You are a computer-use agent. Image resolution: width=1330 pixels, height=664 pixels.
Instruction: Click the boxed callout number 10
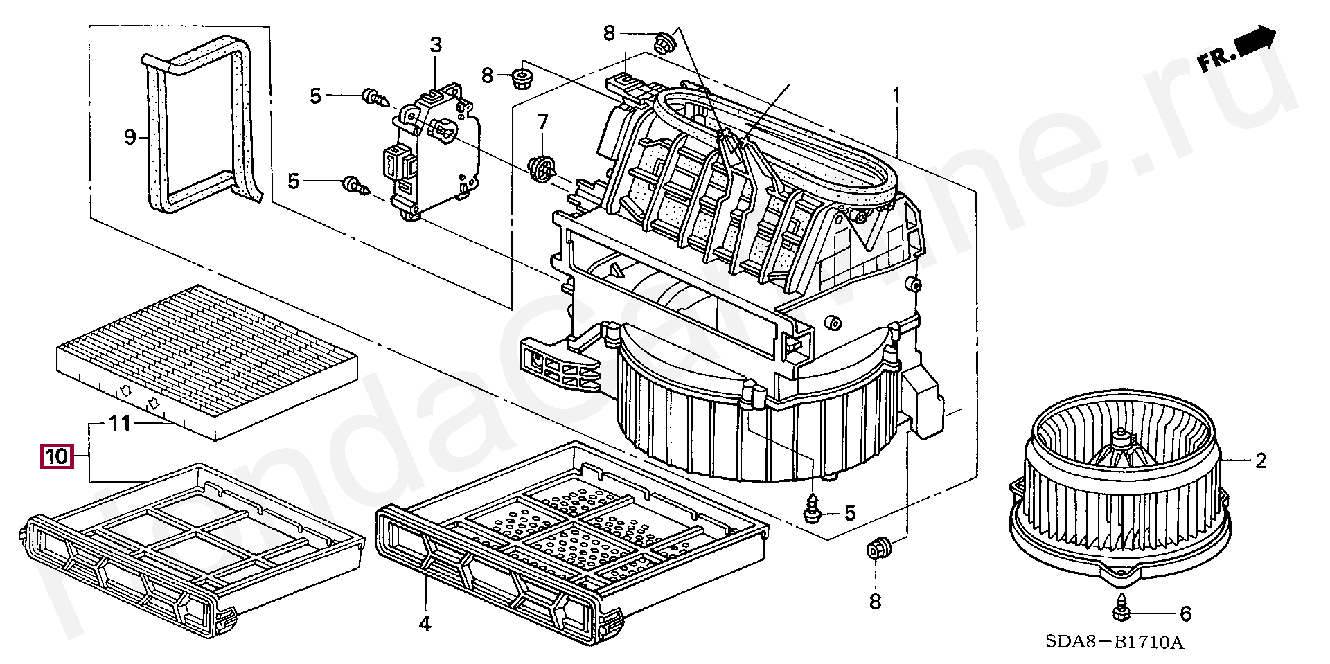(57, 456)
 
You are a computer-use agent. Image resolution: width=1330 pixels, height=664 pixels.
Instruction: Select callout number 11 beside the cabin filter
(120, 423)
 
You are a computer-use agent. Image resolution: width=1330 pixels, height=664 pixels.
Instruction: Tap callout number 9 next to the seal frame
(130, 137)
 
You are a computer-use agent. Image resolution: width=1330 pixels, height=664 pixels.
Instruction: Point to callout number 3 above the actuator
(435, 46)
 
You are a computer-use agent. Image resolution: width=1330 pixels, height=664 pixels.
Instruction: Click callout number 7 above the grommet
(542, 123)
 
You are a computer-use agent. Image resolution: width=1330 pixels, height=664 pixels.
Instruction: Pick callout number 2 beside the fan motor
(1260, 460)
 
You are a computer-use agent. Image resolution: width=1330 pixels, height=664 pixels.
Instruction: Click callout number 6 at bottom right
(1185, 613)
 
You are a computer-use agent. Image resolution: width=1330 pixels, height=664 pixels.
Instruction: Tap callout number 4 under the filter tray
(425, 624)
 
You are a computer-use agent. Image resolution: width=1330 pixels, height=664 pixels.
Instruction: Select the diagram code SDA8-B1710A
(1114, 643)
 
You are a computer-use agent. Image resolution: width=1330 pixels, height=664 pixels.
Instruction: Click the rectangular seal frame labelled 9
(201, 125)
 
